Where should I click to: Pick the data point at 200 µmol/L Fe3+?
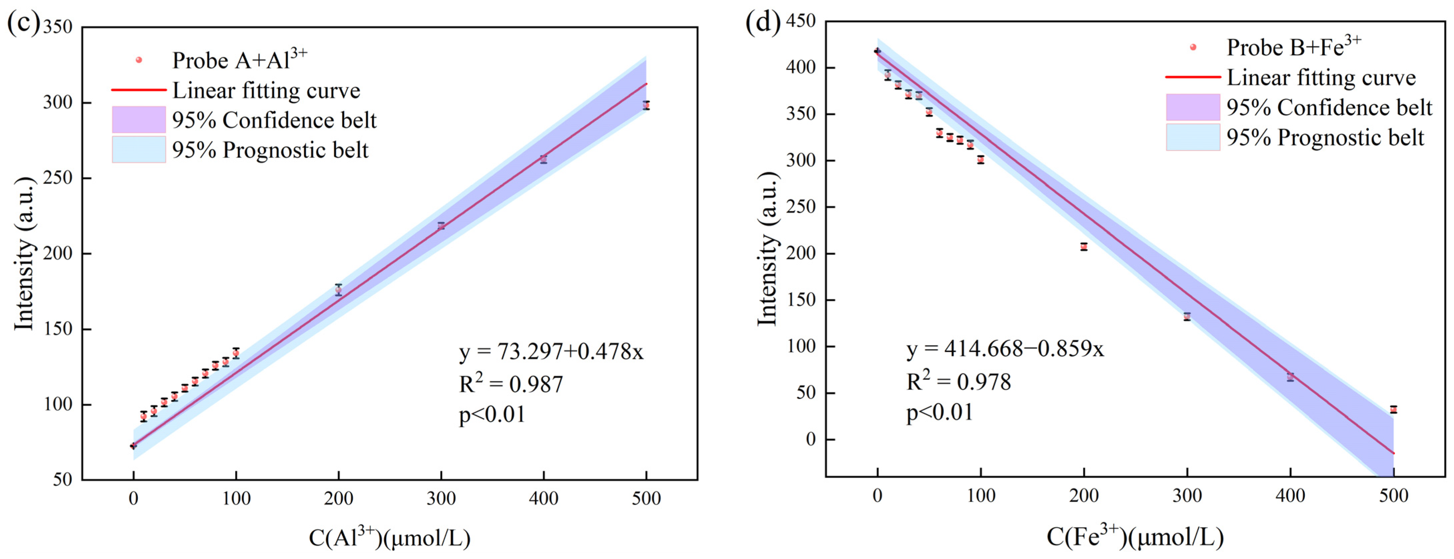pos(1084,247)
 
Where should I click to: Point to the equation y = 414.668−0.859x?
pos(1005,349)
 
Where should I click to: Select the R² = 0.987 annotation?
pos(511,384)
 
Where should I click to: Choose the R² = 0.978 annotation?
pos(958,382)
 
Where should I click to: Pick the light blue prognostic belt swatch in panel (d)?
pos(1193,137)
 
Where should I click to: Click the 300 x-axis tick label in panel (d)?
pos(1187,496)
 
